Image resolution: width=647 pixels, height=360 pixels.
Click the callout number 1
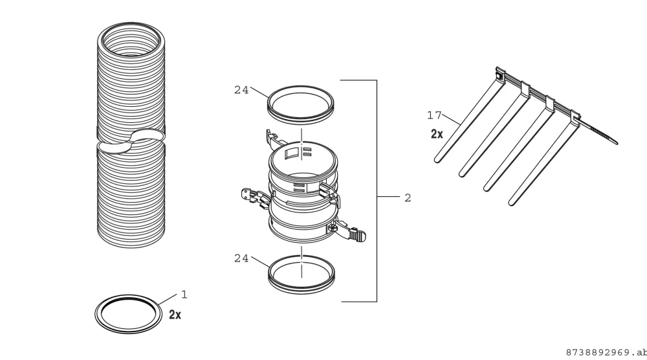(184, 295)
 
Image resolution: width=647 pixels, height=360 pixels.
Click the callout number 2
(408, 197)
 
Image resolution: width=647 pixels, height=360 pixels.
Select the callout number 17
(434, 115)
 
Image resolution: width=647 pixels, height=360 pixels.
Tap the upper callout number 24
(241, 90)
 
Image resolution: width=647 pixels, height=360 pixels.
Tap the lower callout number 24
(241, 258)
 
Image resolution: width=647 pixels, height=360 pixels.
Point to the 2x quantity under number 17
(437, 134)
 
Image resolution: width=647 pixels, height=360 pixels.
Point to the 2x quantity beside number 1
(175, 315)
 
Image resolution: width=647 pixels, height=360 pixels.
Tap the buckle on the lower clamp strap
(357, 235)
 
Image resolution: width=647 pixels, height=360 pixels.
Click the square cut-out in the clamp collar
(292, 153)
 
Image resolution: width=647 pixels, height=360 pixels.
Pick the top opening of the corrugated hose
(131, 26)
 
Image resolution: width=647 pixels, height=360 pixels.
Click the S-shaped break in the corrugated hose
(131, 141)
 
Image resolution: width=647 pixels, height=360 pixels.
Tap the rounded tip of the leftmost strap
(438, 159)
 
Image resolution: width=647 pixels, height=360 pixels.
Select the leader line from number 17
(451, 119)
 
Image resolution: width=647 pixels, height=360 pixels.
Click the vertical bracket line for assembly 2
(377, 191)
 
